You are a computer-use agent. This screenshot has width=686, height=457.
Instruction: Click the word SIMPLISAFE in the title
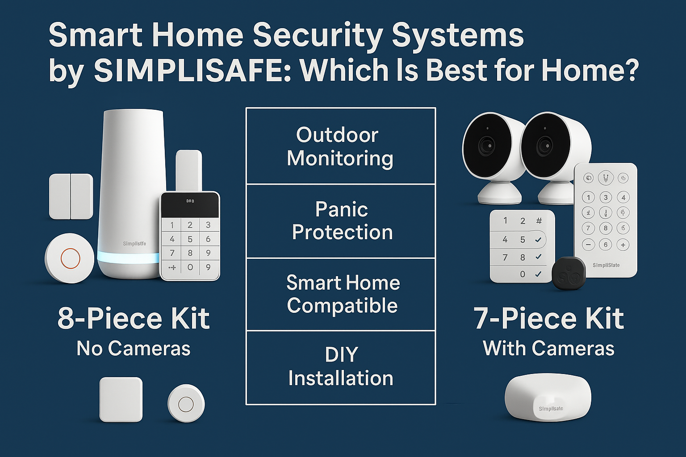(192, 71)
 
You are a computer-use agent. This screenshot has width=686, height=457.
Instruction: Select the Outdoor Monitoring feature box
(340, 146)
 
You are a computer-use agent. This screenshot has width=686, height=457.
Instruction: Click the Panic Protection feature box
(341, 221)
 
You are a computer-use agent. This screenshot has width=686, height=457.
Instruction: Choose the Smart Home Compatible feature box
(342, 294)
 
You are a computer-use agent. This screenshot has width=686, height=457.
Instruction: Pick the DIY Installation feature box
(341, 367)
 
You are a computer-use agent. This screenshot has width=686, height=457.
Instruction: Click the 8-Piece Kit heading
(134, 318)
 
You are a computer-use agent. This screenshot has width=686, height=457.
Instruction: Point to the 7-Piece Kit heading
(548, 318)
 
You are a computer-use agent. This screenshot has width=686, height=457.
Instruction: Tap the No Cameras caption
(134, 349)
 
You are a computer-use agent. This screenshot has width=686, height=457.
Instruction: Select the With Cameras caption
(548, 349)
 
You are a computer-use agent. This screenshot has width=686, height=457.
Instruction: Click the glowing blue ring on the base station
(128, 258)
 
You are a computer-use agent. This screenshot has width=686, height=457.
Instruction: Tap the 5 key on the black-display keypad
(190, 239)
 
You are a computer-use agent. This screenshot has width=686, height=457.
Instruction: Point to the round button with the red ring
(70, 258)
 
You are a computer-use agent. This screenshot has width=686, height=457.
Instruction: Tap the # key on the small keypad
(539, 221)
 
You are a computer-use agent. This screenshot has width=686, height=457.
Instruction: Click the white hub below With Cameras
(548, 398)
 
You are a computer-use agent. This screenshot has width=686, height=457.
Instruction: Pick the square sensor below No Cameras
(121, 399)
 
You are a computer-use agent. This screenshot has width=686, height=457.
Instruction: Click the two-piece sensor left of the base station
(71, 196)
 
